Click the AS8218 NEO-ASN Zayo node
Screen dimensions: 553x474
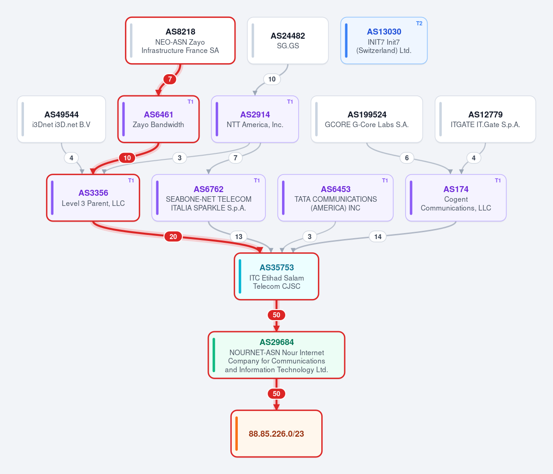coord(180,41)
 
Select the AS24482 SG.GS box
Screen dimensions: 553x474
coord(288,41)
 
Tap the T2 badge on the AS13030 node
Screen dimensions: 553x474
coord(419,23)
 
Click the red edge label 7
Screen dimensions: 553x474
coord(170,79)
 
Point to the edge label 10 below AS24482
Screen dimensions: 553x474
coord(272,79)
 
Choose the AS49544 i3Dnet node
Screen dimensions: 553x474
coord(62,119)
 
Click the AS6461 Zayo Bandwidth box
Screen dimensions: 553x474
coord(159,119)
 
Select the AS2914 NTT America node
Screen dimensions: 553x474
coord(255,119)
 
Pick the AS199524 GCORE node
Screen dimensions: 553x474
coord(367,119)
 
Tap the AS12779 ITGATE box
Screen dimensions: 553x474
coord(485,119)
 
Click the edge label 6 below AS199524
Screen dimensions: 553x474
coord(406,158)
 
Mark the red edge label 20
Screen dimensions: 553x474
coord(173,236)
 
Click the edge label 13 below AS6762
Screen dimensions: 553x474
coord(239,236)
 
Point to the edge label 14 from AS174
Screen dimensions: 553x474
coord(378,236)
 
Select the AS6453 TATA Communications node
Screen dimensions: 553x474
coord(335,198)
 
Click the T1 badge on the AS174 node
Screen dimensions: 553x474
coord(498,181)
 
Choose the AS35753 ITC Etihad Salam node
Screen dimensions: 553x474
coord(276,276)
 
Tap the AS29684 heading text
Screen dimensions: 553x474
coord(276,342)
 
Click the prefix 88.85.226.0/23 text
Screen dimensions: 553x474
coord(276,433)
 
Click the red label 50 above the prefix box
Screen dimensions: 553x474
coord(276,394)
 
